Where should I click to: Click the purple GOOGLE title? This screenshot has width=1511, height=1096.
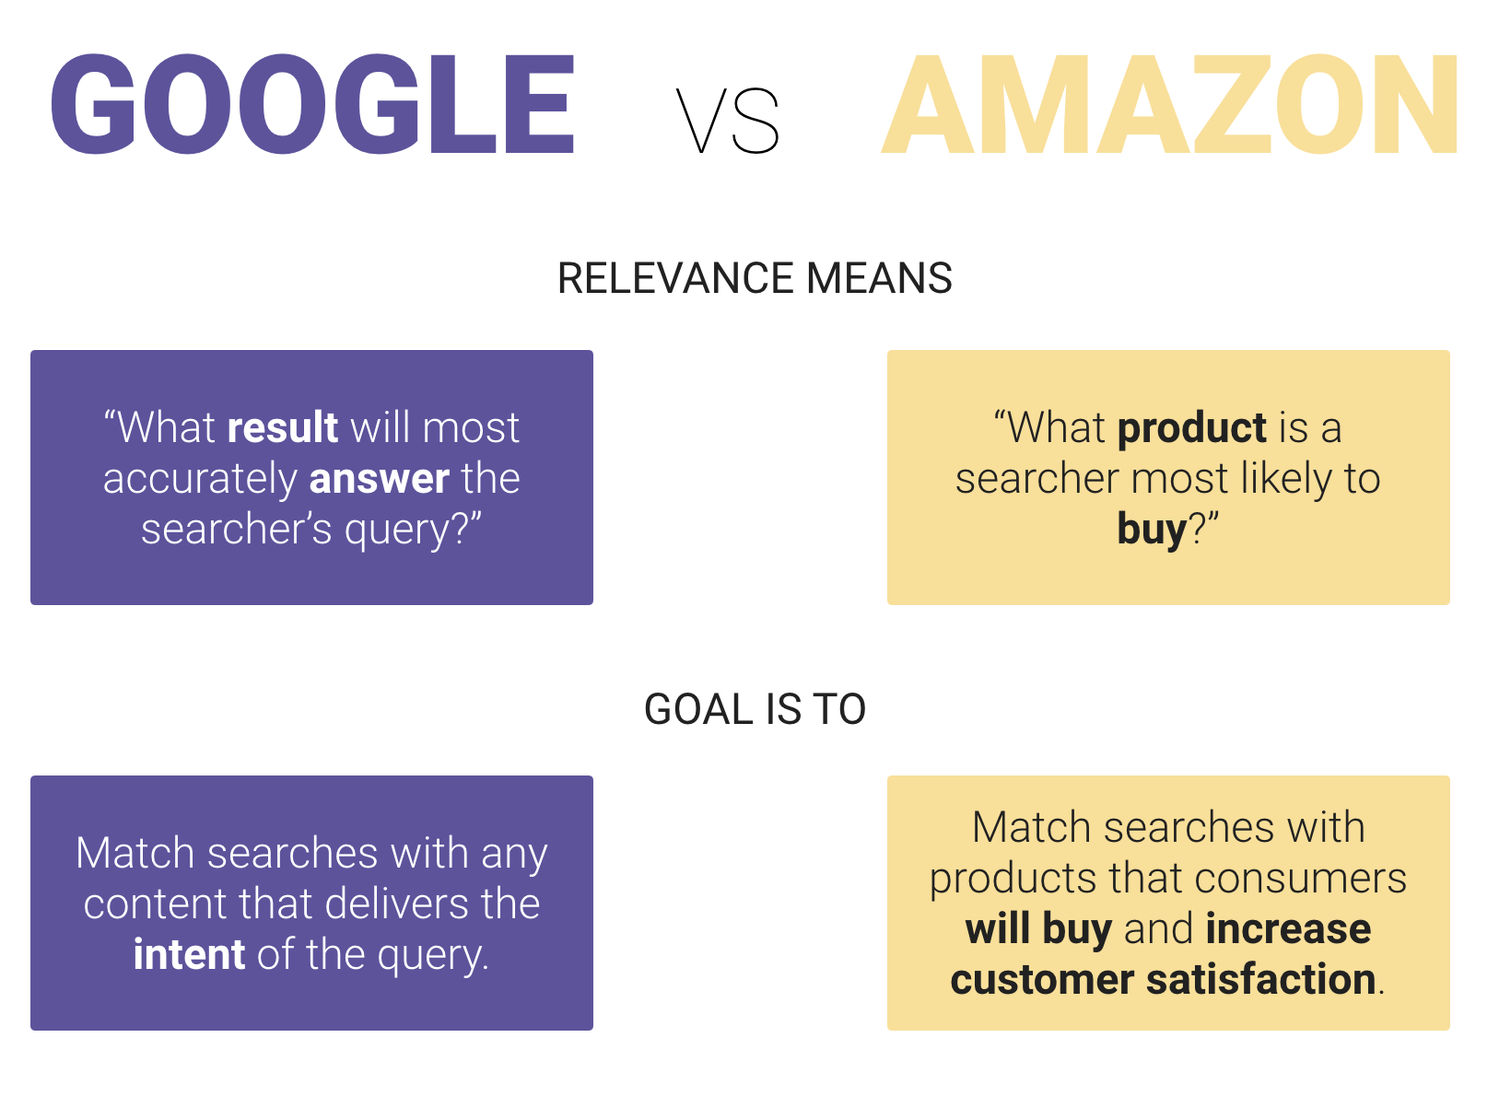[x=313, y=103]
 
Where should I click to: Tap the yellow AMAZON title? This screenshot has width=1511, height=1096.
[x=1170, y=105]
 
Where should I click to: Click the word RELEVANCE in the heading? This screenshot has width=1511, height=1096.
[x=676, y=278]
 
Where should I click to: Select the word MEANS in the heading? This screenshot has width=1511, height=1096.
[x=879, y=278]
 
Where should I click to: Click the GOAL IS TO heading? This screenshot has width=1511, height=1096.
[x=755, y=709]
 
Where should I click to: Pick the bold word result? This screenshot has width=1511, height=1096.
[x=283, y=427]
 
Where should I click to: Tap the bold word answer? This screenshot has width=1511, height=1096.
[x=379, y=478]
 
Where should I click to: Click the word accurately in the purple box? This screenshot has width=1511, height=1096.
[x=200, y=478]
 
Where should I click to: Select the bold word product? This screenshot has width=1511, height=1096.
[x=1192, y=427]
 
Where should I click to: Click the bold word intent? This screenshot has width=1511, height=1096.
[x=189, y=954]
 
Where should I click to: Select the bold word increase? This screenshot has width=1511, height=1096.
[x=1288, y=928]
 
